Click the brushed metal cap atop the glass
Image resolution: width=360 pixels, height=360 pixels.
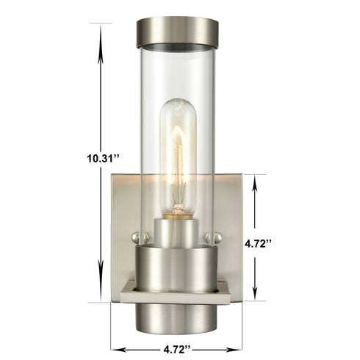tap(176, 32)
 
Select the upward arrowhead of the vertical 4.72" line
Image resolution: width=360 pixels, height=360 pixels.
tap(256, 180)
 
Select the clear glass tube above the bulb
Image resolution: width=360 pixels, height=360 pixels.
tap(176, 73)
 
